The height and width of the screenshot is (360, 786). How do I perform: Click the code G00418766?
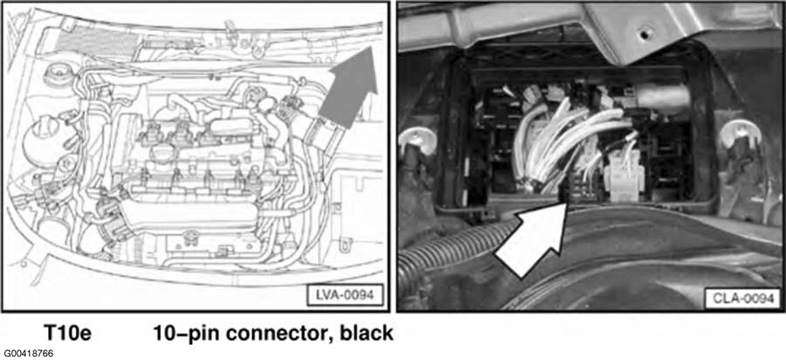pos(28,352)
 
